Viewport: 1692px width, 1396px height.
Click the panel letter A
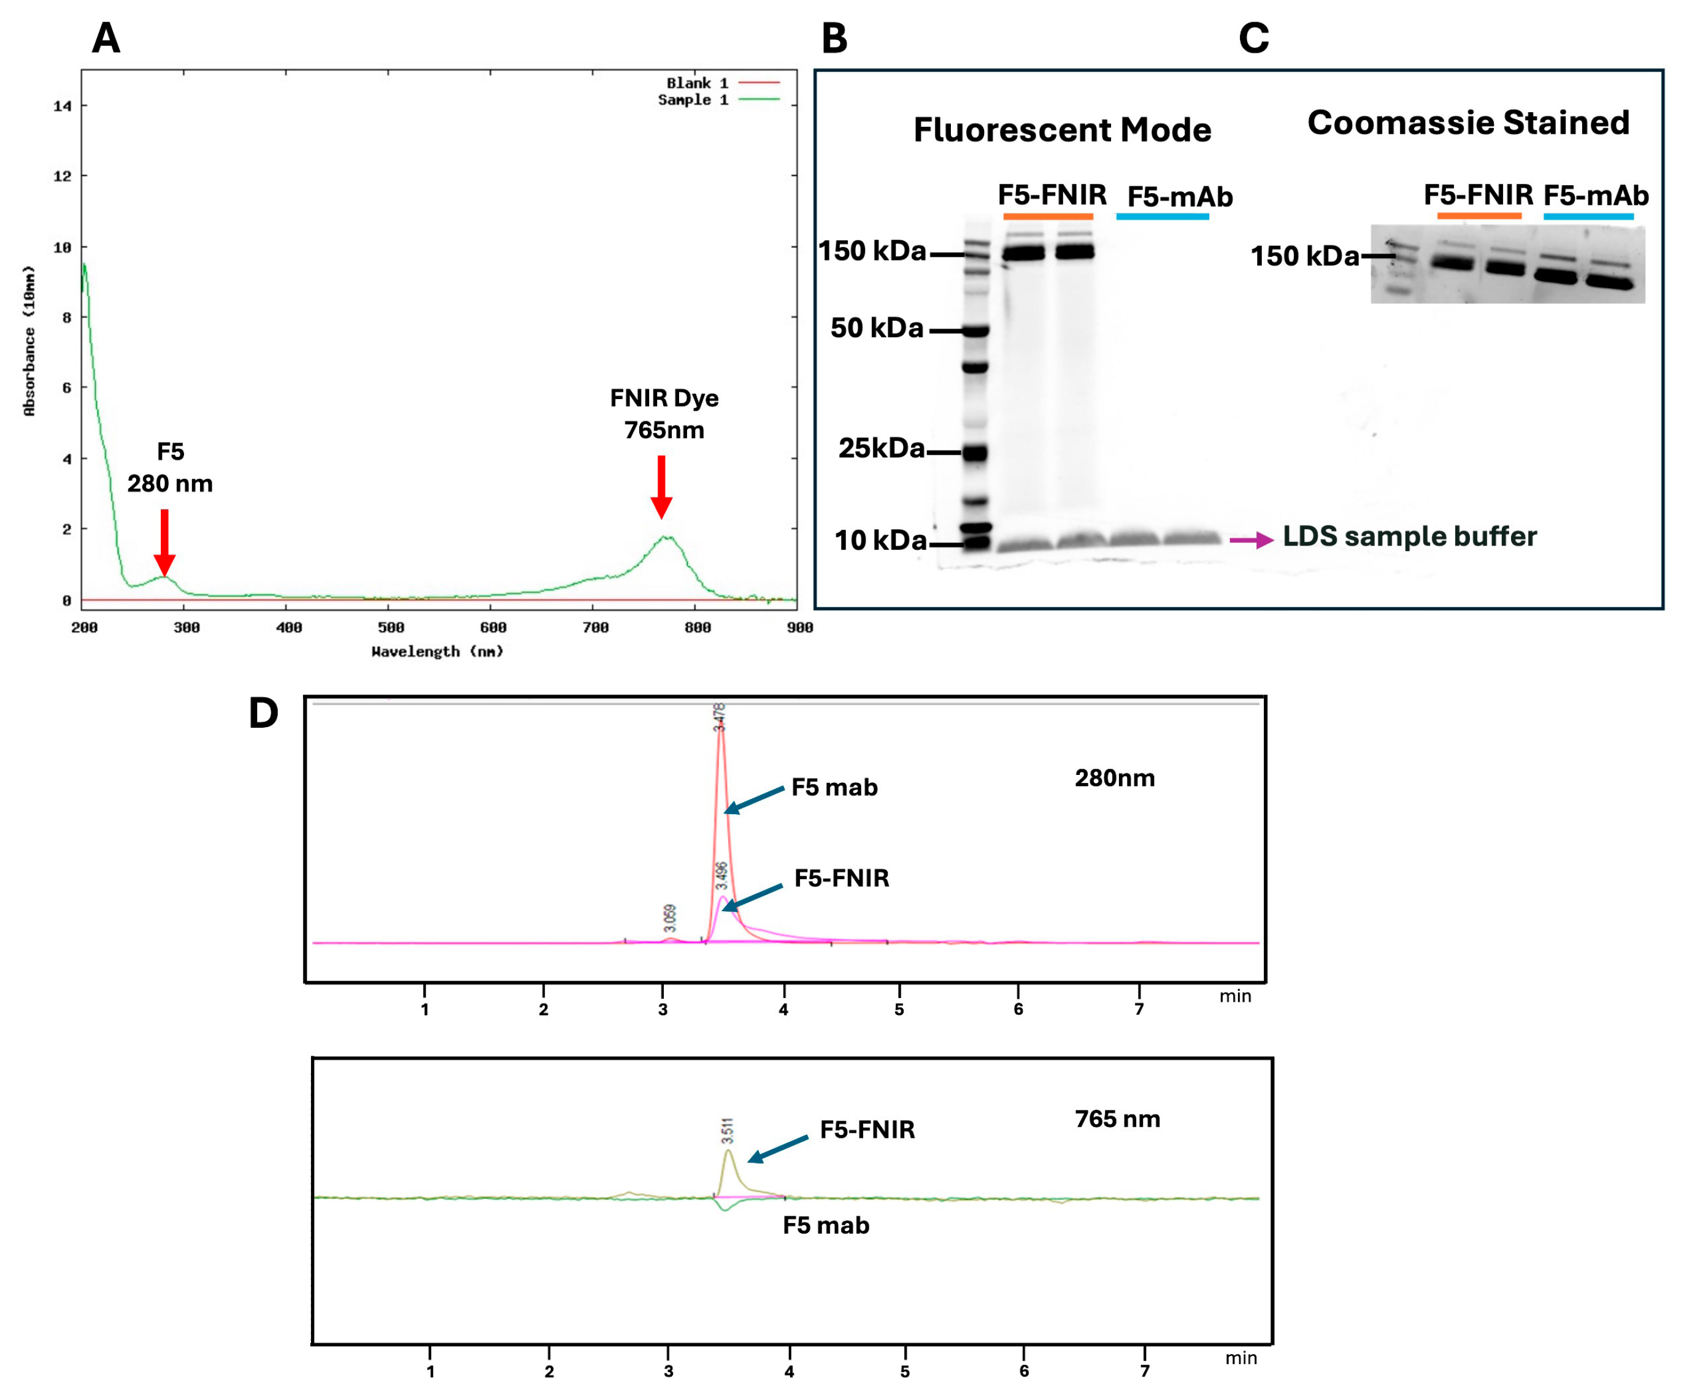point(106,38)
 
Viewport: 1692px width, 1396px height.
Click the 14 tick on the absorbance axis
point(62,106)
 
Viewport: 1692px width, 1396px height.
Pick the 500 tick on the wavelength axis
point(391,627)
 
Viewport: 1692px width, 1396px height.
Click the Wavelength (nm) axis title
point(437,651)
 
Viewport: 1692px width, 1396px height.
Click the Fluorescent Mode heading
point(1061,129)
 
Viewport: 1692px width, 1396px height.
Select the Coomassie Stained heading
point(1467,122)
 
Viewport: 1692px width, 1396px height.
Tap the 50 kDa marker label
point(876,328)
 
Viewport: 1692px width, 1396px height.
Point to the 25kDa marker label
point(881,448)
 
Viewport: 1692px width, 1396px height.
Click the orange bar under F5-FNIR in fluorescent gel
point(1048,216)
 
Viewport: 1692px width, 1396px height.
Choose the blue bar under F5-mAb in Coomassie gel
point(1588,216)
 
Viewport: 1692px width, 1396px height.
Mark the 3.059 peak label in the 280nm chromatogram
point(669,918)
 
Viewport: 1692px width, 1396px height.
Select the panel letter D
point(263,712)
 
